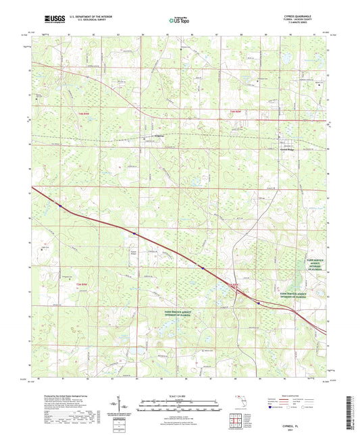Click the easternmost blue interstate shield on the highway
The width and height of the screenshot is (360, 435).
259,303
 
